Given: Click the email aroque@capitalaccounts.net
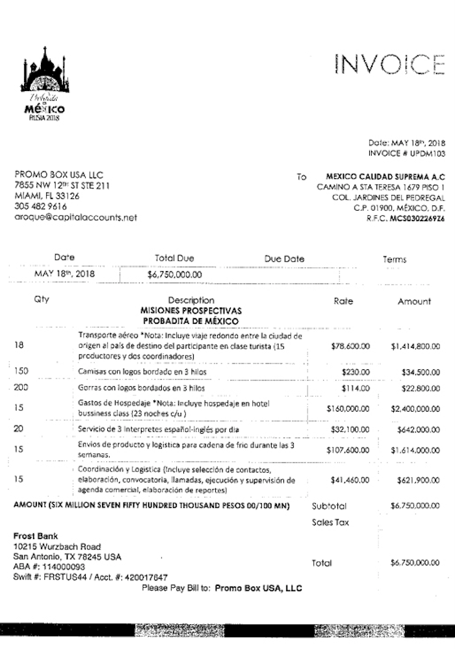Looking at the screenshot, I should pos(75,218).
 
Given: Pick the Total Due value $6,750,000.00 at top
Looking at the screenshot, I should pos(175,274).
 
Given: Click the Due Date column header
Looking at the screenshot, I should pos(284,259).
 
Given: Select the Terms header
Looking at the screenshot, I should pos(395,259).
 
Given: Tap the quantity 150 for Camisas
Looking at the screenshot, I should pos(22,371).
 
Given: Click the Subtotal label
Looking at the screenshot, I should pos(329,505).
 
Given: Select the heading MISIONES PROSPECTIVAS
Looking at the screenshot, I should pos(190,311).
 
